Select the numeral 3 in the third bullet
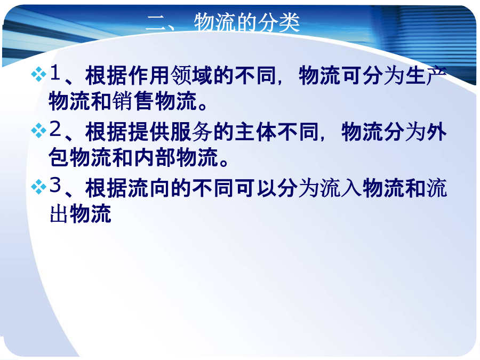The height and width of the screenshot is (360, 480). [x=55, y=185]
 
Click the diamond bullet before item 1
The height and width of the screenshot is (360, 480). [x=38, y=74]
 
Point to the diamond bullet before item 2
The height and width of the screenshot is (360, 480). [x=38, y=131]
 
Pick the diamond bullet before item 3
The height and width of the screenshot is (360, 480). [x=38, y=187]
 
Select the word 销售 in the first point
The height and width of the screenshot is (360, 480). [x=133, y=101]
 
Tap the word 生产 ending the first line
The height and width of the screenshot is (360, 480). [x=427, y=75]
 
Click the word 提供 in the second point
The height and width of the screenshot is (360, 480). [x=149, y=132]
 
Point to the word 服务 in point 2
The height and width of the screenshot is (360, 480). [x=191, y=132]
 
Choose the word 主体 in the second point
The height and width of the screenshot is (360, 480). [x=255, y=132]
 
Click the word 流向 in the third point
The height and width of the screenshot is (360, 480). [x=149, y=188]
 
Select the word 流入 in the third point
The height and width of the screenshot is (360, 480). [x=341, y=188]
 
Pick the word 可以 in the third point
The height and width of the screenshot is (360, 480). [x=255, y=188]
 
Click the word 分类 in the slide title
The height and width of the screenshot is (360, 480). [x=278, y=22]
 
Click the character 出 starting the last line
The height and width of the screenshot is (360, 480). [x=59, y=214]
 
